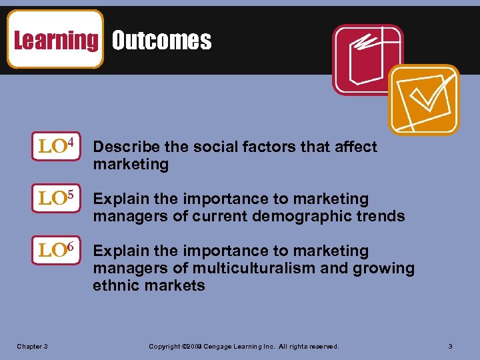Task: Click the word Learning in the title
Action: (55, 41)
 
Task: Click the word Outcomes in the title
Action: (161, 41)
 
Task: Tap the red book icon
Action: (367, 59)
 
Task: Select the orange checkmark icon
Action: (424, 99)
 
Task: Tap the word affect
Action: (355, 147)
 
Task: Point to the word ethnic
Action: (115, 285)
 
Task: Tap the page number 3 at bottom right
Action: (450, 347)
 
